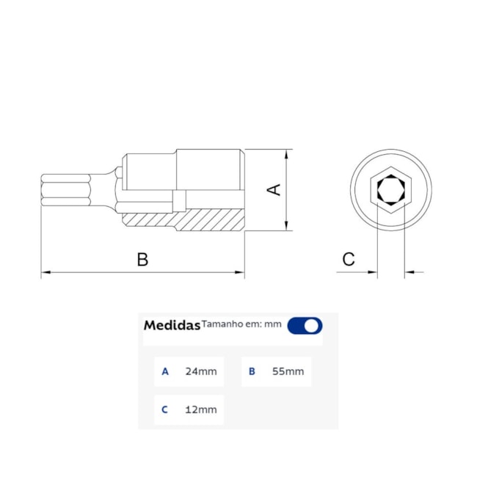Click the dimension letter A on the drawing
pyautogui.click(x=273, y=189)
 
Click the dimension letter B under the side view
pyautogui.click(x=143, y=259)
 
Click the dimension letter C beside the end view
pyautogui.click(x=349, y=259)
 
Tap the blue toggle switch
pyautogui.click(x=305, y=325)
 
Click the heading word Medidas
pyautogui.click(x=172, y=325)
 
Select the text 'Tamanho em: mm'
pyautogui.click(x=241, y=323)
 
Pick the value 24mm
pyautogui.click(x=201, y=371)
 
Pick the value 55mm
pyautogui.click(x=288, y=371)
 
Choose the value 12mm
pyautogui.click(x=201, y=409)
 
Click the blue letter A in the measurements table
pyautogui.click(x=165, y=371)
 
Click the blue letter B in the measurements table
pyautogui.click(x=252, y=371)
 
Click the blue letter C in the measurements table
pyautogui.click(x=165, y=409)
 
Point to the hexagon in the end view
pyautogui.click(x=390, y=190)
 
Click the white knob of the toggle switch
pyautogui.click(x=312, y=325)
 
